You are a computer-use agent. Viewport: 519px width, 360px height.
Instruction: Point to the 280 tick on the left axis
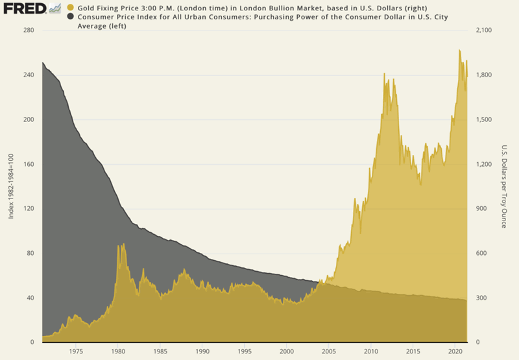(27, 30)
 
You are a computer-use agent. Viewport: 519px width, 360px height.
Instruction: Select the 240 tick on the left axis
(27, 75)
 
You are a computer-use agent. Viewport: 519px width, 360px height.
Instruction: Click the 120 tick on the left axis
(27, 209)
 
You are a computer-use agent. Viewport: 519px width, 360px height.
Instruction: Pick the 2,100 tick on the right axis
(485, 30)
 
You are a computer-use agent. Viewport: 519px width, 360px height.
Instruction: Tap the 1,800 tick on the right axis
(485, 75)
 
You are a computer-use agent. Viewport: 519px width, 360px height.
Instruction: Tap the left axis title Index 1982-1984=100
(11, 186)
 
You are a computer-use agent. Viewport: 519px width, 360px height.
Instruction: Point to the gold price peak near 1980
(118, 245)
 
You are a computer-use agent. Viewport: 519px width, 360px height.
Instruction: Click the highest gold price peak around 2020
(459, 50)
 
